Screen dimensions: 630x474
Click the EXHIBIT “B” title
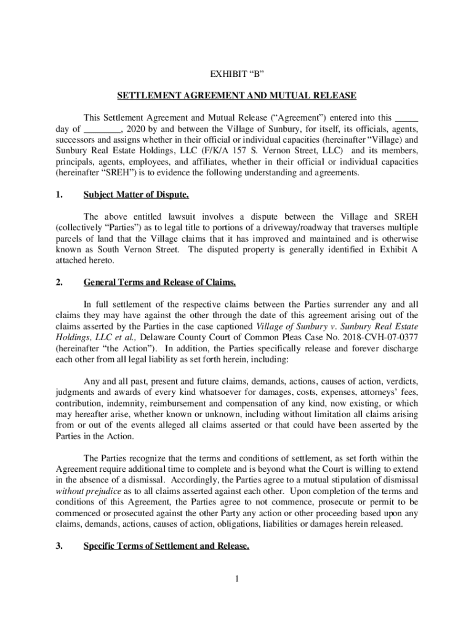(x=237, y=76)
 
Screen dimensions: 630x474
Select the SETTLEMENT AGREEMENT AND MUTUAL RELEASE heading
(x=237, y=95)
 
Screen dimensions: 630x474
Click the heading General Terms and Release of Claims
(x=159, y=282)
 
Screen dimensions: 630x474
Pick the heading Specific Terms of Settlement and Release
(x=166, y=545)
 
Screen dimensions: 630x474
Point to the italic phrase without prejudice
(x=84, y=491)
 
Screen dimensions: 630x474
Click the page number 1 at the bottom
(x=237, y=578)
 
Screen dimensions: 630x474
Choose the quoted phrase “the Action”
(x=119, y=348)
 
